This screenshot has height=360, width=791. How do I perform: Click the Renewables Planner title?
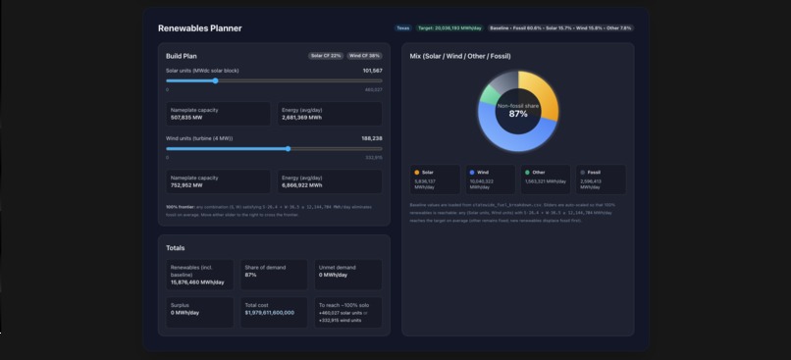200,28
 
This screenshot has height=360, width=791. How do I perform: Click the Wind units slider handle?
288,149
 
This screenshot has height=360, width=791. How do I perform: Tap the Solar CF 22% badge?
326,56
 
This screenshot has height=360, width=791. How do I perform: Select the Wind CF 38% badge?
364,56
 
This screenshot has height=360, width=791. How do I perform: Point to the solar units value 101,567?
372,71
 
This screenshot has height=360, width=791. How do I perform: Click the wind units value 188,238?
372,138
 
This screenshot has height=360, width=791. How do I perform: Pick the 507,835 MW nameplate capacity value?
186,118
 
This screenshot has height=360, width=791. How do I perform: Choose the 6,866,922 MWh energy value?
302,184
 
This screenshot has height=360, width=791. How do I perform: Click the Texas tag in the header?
402,28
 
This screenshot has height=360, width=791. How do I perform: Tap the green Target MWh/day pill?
449,28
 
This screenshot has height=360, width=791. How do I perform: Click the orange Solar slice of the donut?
543,94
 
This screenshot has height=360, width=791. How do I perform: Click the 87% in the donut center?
518,114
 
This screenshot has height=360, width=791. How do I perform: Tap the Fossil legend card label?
595,172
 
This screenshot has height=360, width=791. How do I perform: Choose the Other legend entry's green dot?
527,172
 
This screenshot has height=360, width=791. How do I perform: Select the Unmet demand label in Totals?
337,267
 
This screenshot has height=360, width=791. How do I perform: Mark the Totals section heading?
175,248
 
